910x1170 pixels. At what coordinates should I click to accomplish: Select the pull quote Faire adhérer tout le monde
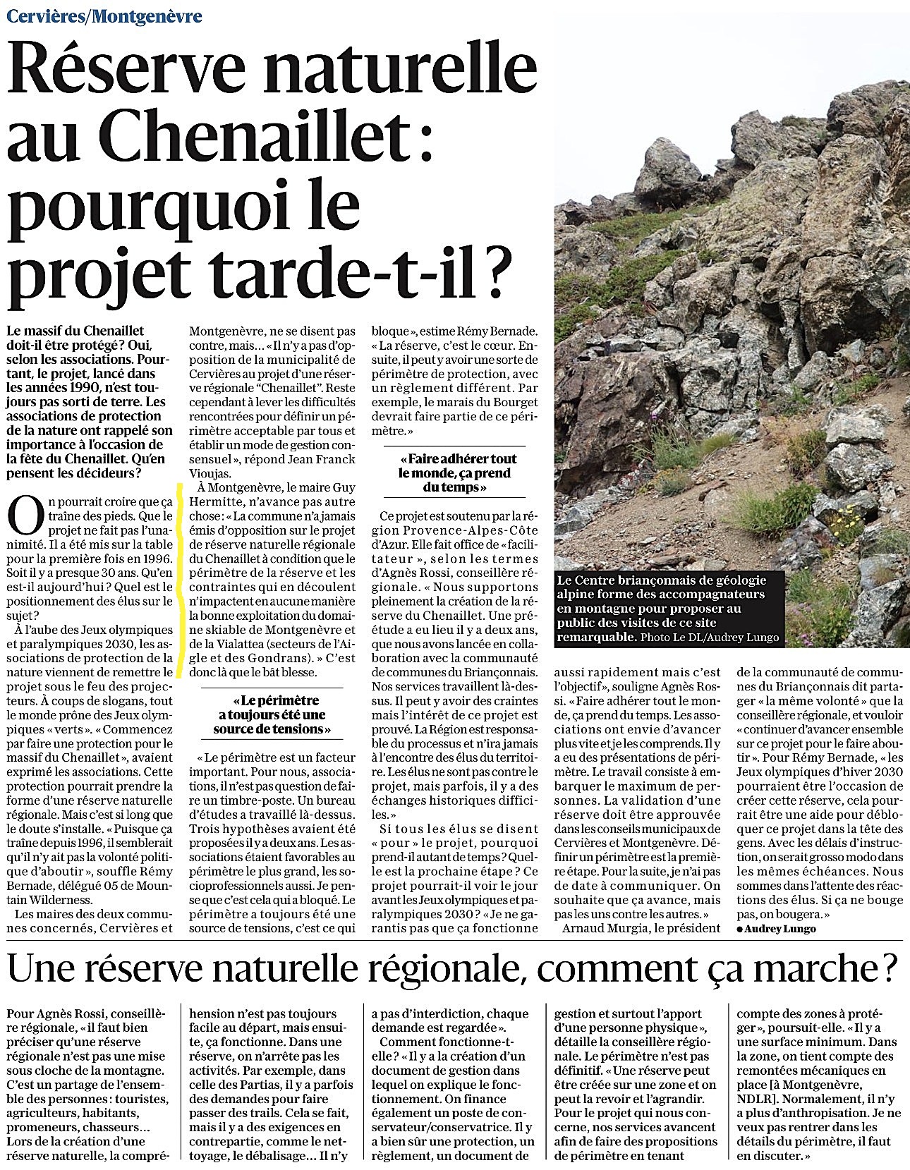click(x=456, y=473)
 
